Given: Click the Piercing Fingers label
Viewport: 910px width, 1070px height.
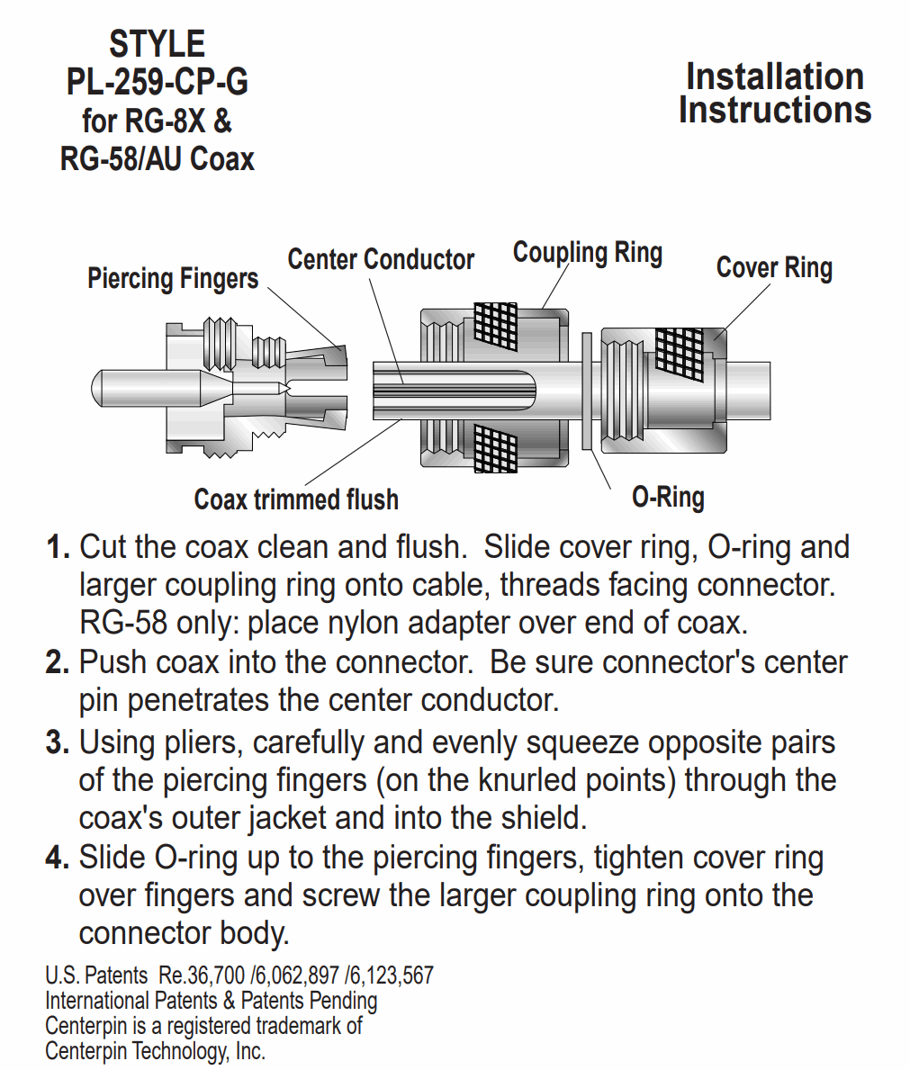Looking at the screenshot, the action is (173, 278).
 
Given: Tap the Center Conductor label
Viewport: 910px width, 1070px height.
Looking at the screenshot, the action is (381, 259).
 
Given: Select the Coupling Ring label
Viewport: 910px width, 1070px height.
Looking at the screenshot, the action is (588, 253).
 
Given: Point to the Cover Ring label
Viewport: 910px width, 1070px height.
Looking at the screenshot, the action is (774, 267).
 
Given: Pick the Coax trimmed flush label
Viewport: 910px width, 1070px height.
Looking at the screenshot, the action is (296, 499).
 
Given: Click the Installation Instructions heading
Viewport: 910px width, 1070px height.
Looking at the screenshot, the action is (775, 94).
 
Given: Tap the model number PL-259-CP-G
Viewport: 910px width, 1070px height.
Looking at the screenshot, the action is (157, 83).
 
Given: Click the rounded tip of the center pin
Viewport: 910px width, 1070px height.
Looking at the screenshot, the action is (95, 388).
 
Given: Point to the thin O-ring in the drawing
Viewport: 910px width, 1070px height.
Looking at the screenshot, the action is (586, 391).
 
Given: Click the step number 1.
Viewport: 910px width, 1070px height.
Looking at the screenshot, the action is (58, 548).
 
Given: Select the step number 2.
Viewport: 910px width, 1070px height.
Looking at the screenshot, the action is (58, 663).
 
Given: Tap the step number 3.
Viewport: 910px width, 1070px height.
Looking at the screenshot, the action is (58, 743).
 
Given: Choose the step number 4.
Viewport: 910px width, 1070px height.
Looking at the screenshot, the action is (58, 859).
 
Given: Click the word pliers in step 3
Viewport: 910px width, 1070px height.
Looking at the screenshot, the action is (204, 744).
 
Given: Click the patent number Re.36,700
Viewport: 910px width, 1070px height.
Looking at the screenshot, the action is (202, 976).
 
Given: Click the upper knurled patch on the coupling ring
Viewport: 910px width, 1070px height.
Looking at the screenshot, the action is (495, 323).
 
